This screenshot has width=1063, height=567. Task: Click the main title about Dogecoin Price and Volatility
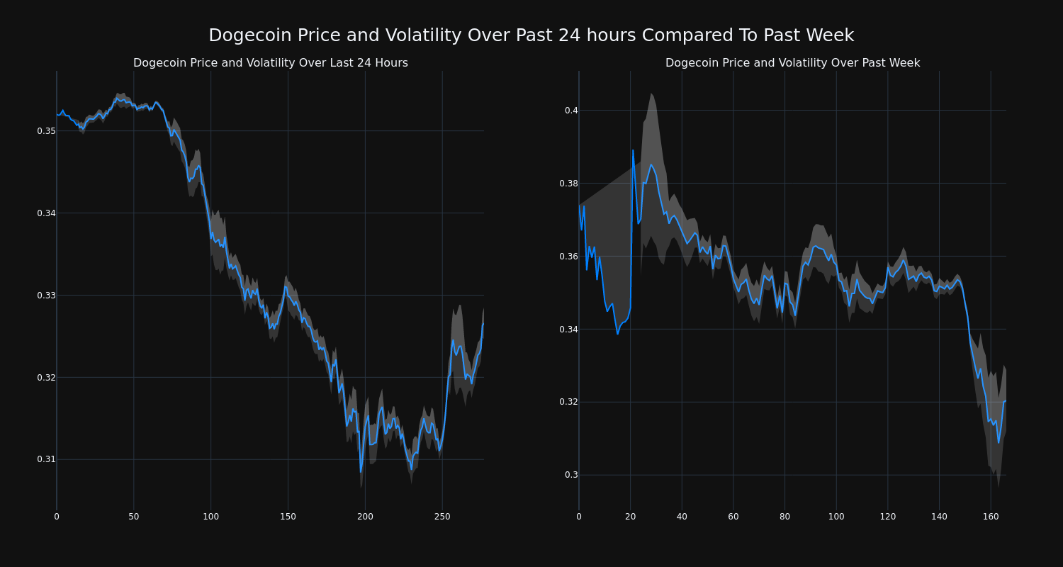[531, 35]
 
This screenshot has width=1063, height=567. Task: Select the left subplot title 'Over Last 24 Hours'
[270, 63]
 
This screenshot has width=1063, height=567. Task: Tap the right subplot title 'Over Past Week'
[792, 63]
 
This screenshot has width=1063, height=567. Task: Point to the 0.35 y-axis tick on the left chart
[46, 131]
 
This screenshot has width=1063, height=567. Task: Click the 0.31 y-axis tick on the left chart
[46, 459]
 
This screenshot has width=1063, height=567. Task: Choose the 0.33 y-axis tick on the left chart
[46, 295]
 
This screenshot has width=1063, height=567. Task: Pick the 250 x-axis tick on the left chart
[442, 517]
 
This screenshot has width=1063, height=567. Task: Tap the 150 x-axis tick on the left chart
[288, 517]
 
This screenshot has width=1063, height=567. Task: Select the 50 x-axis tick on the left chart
[134, 517]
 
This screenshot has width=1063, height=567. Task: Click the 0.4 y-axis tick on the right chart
[571, 111]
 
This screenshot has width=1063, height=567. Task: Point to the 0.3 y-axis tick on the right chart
[571, 475]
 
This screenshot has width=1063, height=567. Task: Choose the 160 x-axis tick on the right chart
[991, 517]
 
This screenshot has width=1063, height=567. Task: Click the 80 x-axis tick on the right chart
[784, 517]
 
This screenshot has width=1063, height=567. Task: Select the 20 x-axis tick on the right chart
[630, 517]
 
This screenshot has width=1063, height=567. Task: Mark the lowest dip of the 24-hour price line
[360, 471]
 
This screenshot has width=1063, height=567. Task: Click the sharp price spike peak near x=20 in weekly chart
[633, 150]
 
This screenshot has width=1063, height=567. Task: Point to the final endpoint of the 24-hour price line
[483, 324]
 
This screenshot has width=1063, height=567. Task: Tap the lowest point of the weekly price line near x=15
[617, 333]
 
